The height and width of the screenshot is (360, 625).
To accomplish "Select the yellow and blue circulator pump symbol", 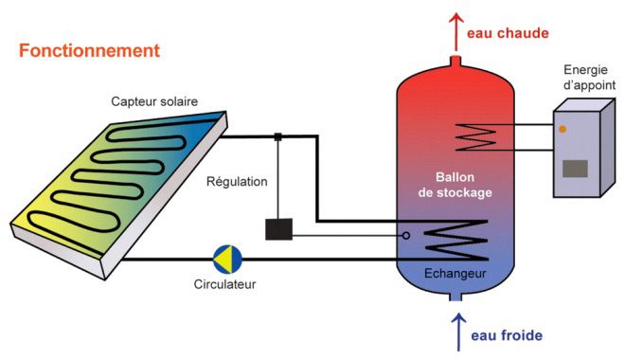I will pos(227,257).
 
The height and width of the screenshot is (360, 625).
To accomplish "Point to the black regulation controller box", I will pos(279,229).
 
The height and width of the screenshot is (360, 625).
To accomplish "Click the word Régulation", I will pos(237,181).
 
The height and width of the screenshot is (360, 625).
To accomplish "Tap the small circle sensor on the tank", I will pos(406,236).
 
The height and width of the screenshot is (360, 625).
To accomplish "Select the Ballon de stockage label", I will pos(457,185).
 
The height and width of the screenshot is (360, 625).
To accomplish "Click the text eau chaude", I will pos(509,33).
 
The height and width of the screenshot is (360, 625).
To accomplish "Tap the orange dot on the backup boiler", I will pos(563,129).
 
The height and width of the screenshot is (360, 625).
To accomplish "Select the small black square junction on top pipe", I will pos(278,137).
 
